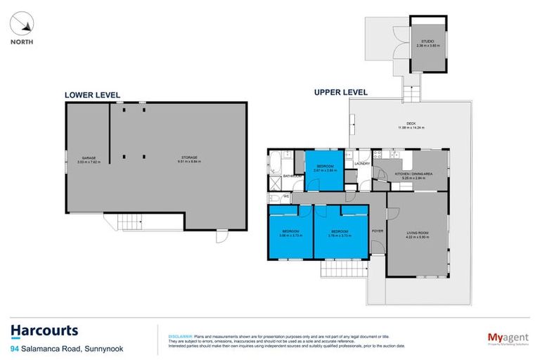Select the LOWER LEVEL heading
point(92,95)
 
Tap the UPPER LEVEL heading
point(341,92)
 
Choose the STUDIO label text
point(427,42)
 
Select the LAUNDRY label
point(362,164)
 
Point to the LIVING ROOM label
point(416,233)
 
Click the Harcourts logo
point(44,331)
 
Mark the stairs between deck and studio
point(409,89)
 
